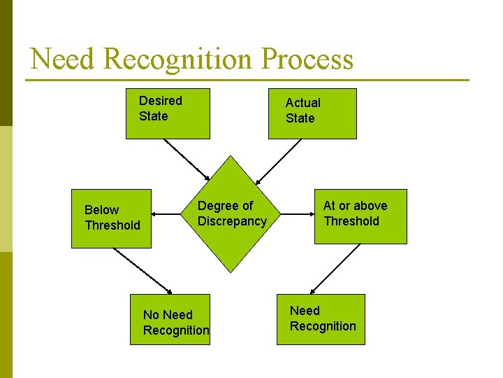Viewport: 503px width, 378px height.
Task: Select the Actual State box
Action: pyautogui.click(x=312, y=113)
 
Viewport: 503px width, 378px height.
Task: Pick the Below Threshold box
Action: pyautogui.click(x=111, y=218)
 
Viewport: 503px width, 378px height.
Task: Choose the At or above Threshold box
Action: pyautogui.click(x=360, y=216)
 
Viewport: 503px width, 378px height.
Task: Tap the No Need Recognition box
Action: pyautogui.click(x=169, y=320)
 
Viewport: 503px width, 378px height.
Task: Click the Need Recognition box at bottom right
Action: pyautogui.click(x=321, y=319)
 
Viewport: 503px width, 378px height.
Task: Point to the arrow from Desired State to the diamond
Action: pyautogui.click(x=186, y=160)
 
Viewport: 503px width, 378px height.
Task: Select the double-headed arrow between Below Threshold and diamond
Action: pyautogui.click(x=168, y=214)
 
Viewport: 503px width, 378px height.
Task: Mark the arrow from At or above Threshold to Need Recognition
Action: pyautogui.click(x=335, y=269)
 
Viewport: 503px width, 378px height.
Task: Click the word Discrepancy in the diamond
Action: pyautogui.click(x=232, y=221)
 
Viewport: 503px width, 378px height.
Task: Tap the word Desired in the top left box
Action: pyautogui.click(x=160, y=101)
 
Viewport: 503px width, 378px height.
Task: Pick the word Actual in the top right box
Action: pyautogui.click(x=302, y=103)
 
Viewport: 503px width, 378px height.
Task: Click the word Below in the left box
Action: pyautogui.click(x=101, y=210)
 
